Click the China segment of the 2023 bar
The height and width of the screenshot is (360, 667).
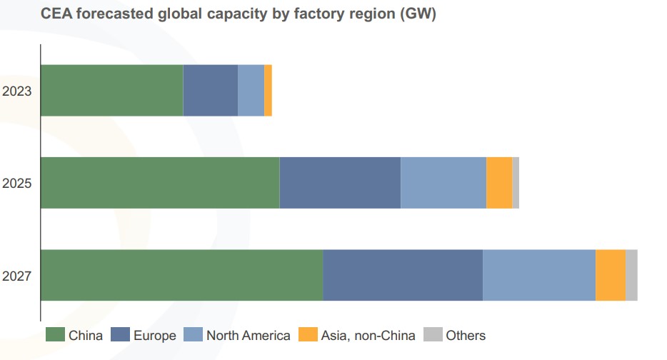tap(112, 90)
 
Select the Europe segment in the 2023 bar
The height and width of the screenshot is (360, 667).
tap(211, 90)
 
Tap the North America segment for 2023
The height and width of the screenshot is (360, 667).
tap(251, 90)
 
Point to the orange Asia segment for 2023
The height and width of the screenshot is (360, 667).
tap(268, 90)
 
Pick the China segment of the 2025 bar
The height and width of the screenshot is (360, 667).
tap(160, 183)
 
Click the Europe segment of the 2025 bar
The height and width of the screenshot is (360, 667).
tap(340, 183)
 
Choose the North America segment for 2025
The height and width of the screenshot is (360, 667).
tap(443, 183)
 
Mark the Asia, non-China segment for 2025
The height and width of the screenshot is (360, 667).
tap(499, 183)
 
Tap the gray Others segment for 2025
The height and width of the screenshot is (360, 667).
tap(516, 183)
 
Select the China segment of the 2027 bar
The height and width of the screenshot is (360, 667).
tap(182, 275)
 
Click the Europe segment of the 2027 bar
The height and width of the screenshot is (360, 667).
tap(403, 275)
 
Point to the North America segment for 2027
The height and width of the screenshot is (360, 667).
tap(539, 275)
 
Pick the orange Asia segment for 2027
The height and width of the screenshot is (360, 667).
tap(611, 275)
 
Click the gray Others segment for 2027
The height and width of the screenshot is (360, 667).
tap(631, 275)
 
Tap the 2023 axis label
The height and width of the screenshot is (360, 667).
tap(16, 91)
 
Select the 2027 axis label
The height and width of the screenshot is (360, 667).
tap(16, 276)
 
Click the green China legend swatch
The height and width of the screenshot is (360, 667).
tap(55, 335)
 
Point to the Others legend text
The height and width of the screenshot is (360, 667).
tap(465, 335)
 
